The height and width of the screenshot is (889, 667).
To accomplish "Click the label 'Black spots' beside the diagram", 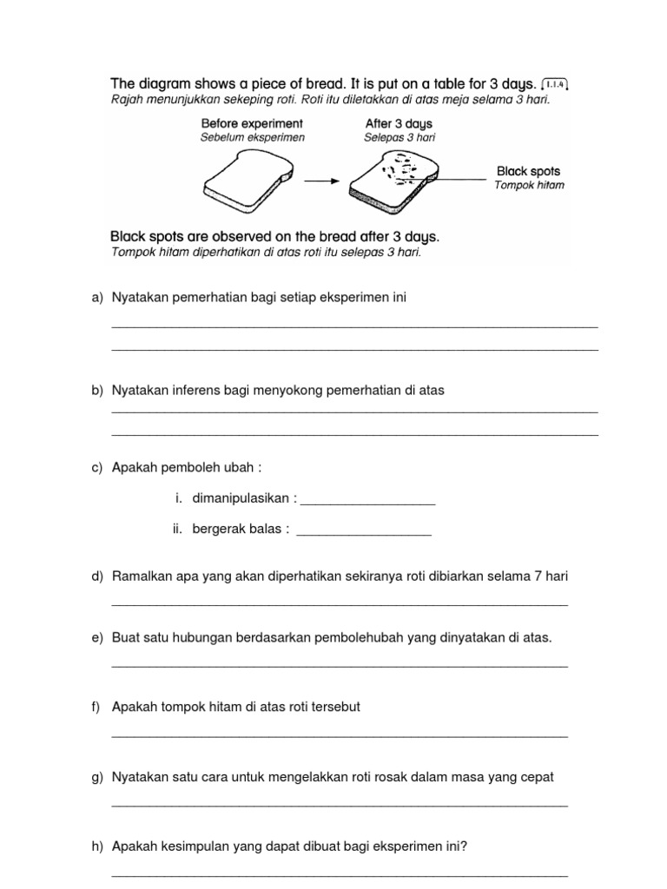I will tap(528, 171).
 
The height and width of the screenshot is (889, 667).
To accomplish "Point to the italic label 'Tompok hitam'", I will tap(529, 185).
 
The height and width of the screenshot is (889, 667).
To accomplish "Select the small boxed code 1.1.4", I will tap(555, 83).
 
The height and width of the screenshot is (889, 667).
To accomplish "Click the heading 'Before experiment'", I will tap(252, 123).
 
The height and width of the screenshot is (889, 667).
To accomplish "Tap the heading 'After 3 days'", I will tap(399, 123).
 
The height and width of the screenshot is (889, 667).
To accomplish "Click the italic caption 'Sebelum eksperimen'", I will tap(252, 137).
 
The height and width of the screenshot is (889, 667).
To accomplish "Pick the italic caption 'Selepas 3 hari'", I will tap(399, 137).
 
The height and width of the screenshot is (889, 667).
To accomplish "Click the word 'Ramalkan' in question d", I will tap(139, 576).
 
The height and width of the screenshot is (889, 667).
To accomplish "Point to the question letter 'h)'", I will tap(96, 846).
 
